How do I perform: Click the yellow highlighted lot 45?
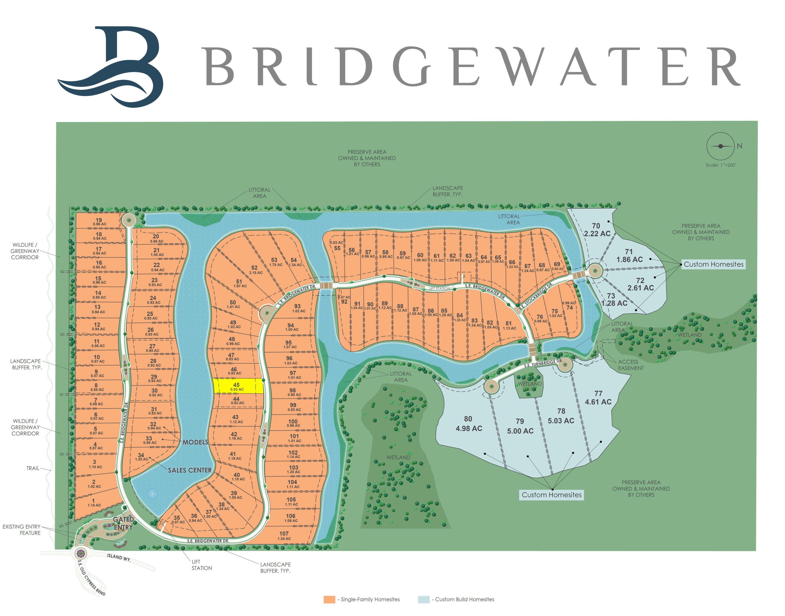(238, 386)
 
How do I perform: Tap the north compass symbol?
(720, 146)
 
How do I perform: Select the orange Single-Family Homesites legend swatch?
(329, 600)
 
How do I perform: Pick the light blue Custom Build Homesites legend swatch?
(423, 600)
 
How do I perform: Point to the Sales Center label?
(190, 470)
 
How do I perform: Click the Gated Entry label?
(123, 523)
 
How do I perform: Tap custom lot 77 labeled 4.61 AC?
(598, 397)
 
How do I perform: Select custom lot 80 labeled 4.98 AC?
(468, 423)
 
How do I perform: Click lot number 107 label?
(284, 535)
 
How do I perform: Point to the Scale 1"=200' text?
(720, 165)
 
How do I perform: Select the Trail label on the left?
(33, 468)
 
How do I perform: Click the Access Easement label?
(630, 365)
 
